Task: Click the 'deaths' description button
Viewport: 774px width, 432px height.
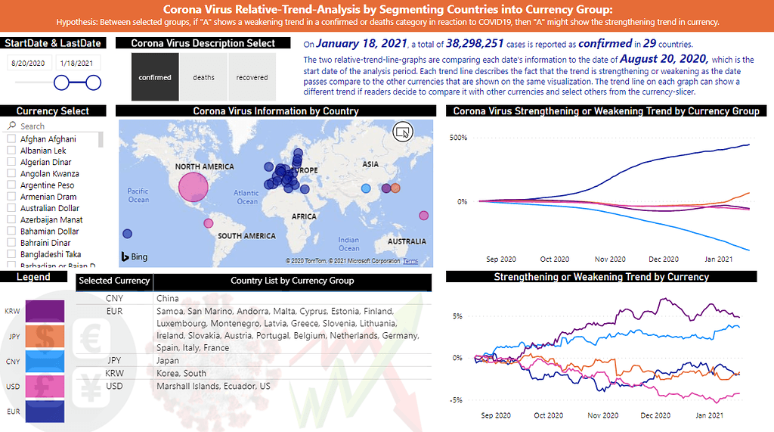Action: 203,77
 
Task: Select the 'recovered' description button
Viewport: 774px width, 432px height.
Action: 252,77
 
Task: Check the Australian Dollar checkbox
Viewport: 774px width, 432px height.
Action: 11,208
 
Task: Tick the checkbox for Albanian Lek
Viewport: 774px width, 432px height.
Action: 11,151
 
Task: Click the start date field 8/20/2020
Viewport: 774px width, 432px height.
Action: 29,64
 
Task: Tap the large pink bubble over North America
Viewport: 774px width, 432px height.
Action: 192,187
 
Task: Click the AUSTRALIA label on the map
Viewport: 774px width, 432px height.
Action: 406,241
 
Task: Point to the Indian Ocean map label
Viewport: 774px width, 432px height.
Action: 348,244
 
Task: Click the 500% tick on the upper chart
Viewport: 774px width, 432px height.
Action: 458,138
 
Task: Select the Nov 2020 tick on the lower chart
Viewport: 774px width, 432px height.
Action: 603,415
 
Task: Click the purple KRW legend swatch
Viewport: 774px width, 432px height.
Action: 45,311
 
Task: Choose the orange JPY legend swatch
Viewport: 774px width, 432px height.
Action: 45,337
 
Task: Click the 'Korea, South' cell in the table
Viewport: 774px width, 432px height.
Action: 181,374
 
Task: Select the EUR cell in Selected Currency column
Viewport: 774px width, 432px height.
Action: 114,311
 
